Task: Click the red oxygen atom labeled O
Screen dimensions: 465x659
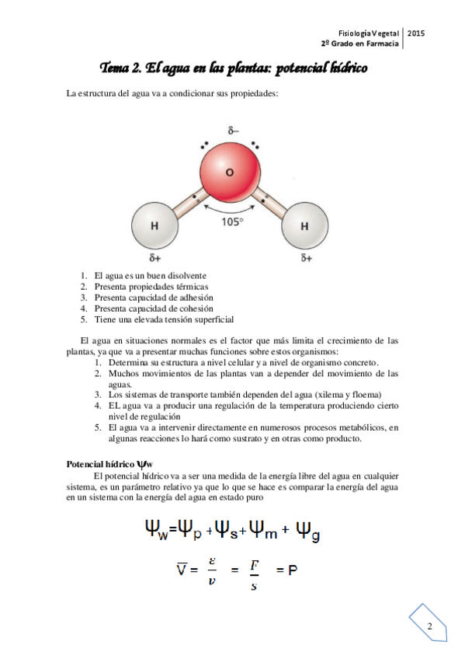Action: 228,172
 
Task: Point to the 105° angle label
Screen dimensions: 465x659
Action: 232,221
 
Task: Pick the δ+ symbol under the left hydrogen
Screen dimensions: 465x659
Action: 154,257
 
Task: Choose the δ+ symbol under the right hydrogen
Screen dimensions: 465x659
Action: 306,257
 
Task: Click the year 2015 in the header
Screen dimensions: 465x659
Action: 415,33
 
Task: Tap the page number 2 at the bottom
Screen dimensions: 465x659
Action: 429,626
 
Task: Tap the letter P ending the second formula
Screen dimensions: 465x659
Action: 293,570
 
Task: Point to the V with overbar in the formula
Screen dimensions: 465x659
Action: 180,570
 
